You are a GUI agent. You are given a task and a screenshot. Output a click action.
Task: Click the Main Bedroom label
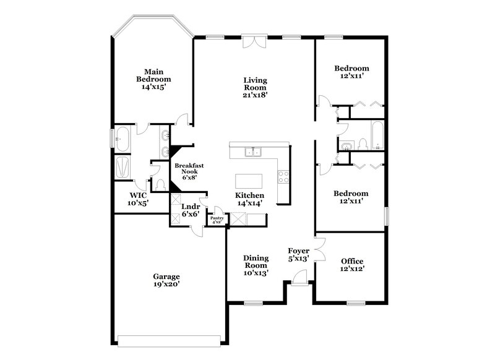point(153,79)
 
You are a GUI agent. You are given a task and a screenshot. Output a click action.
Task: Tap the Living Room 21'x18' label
point(254,87)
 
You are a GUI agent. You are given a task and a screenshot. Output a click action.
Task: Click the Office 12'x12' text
point(352,265)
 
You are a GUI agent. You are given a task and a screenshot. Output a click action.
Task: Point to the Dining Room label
point(255,264)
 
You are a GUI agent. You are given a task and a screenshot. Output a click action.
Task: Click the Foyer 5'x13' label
point(299,255)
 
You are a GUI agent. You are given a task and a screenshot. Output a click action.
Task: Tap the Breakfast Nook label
point(189,171)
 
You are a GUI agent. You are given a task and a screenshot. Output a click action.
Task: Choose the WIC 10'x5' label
point(139,199)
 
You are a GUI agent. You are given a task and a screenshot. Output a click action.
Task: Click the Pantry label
point(217,219)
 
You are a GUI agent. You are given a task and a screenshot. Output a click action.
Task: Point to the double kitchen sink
point(254,151)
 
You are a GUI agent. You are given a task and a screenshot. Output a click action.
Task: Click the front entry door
point(299,282)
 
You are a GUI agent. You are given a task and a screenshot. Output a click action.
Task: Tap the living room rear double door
point(254,41)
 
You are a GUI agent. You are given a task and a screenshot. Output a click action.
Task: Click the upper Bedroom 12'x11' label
point(352,72)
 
